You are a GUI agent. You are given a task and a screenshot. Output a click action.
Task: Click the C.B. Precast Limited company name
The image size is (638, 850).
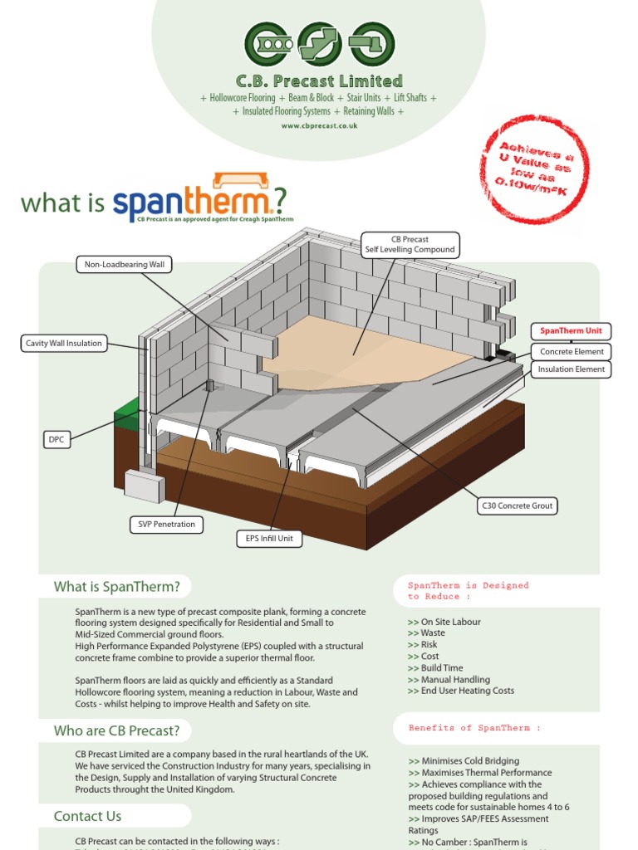click(x=319, y=81)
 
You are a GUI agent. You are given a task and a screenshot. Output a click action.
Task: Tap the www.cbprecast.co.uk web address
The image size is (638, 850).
click(x=319, y=126)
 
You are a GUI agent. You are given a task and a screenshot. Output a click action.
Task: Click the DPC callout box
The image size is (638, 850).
click(x=56, y=440)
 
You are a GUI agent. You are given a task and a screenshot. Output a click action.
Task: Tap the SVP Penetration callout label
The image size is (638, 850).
click(x=167, y=525)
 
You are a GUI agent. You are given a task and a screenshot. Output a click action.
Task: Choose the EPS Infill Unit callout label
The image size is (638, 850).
click(x=269, y=539)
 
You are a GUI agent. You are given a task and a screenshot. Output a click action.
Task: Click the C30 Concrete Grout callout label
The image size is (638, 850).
click(x=518, y=506)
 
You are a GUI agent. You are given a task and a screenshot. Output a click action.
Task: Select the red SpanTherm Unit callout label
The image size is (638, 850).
click(x=572, y=330)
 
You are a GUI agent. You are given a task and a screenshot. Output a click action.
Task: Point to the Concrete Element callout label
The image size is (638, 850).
click(x=572, y=352)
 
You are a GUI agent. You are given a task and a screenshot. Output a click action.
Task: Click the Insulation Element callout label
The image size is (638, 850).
click(x=572, y=369)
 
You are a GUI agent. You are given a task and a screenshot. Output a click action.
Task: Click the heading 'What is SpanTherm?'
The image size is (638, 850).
click(x=117, y=587)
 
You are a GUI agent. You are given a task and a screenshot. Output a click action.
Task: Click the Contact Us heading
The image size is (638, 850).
click(x=88, y=816)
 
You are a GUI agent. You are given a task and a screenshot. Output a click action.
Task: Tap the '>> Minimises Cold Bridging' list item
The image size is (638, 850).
click(x=464, y=760)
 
